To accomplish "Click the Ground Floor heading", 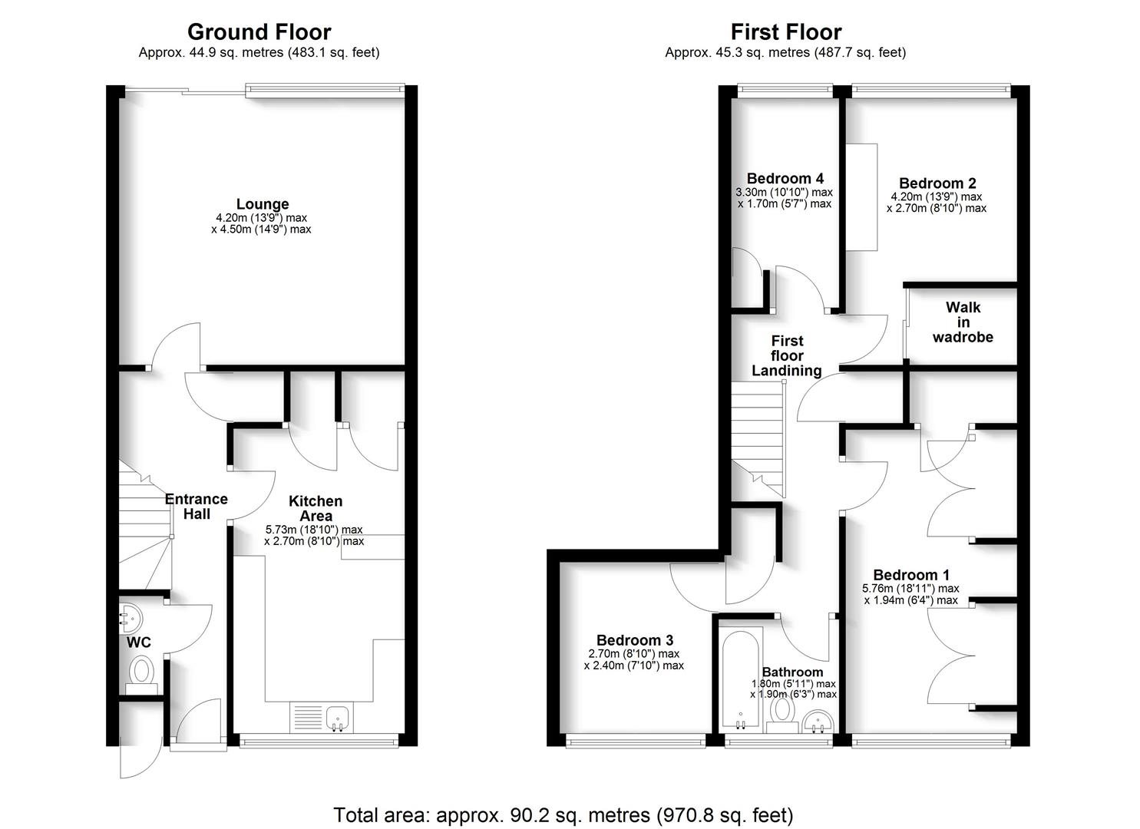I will tap(259, 32).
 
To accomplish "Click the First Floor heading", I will tap(785, 32).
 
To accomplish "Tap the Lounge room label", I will tap(263, 204).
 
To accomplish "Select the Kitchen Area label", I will tap(315, 508).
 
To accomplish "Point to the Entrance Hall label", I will tap(197, 507).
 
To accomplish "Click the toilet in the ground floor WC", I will tap(141, 672).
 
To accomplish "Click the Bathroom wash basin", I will tap(820, 722).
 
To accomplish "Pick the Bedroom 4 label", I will tap(778, 179).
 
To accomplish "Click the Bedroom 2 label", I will tap(937, 183).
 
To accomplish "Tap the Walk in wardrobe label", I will tap(963, 322).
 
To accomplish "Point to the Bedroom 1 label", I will tap(911, 575).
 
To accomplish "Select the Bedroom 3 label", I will tap(634, 640).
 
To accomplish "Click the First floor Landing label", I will tap(786, 355).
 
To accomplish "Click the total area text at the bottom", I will tap(563, 814).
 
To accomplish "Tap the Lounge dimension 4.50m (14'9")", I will tap(261, 229).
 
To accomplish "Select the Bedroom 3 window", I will tap(635, 741).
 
